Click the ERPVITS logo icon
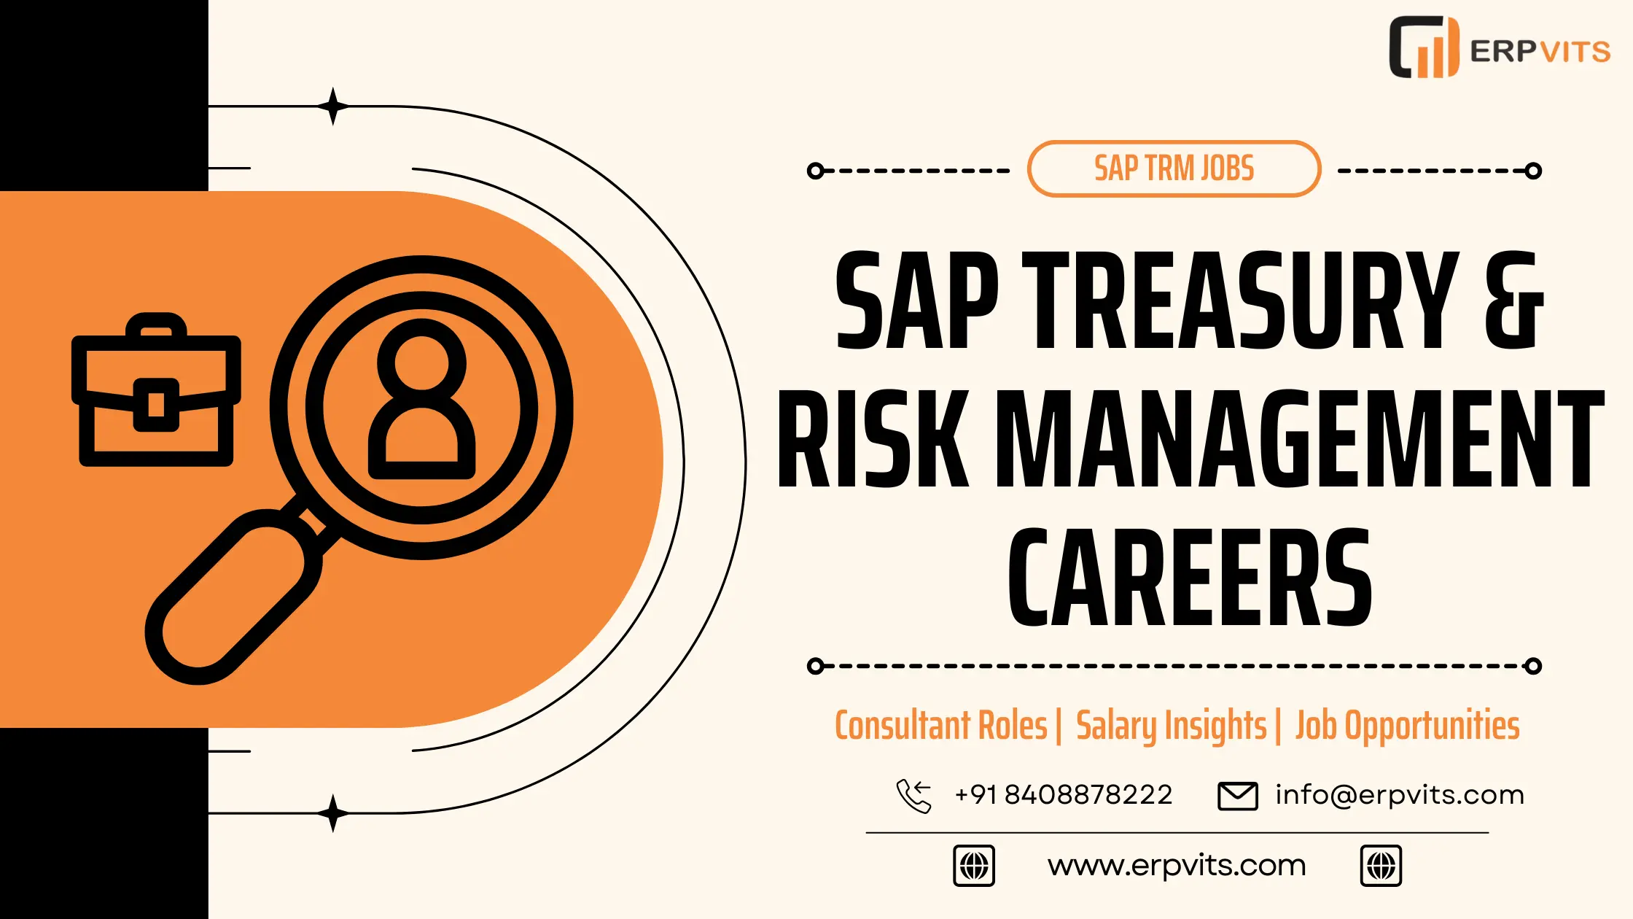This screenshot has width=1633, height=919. [1424, 47]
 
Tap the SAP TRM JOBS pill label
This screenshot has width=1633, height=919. [1174, 168]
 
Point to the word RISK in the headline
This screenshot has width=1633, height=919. [873, 438]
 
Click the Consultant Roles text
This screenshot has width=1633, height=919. [940, 725]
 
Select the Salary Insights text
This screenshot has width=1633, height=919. [1171, 726]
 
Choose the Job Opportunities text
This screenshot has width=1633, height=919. [1407, 726]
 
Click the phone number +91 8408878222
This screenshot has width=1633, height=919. [1063, 794]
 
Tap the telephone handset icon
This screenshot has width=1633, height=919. [914, 796]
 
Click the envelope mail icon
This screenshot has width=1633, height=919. [1238, 796]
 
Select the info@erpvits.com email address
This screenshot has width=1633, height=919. [1400, 794]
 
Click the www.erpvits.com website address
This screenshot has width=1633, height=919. [1177, 866]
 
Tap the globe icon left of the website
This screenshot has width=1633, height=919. [974, 866]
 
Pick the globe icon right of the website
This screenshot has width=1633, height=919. [1381, 866]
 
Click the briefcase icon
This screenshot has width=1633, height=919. [156, 389]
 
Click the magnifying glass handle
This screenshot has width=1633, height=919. [233, 597]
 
